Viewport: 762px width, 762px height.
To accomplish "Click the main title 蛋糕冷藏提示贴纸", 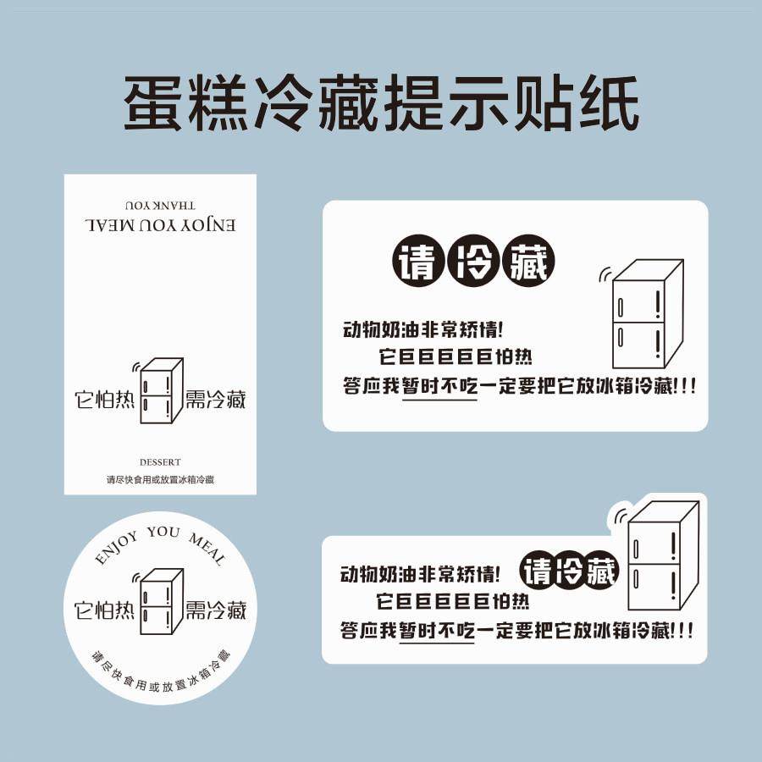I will [381, 103].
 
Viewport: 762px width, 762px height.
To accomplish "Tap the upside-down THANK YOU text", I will [160, 205].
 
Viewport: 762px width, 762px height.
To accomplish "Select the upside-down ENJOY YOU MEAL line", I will [160, 226].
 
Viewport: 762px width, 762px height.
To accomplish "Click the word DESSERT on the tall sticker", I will [160, 462].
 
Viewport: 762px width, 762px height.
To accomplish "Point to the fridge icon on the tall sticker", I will [160, 391].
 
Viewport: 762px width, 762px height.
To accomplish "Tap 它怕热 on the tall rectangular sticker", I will [105, 399].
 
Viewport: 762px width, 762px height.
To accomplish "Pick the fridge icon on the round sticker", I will [160, 602].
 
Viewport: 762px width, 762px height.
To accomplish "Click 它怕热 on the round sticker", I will [105, 609].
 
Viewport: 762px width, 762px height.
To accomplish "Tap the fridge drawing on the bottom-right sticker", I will [660, 555].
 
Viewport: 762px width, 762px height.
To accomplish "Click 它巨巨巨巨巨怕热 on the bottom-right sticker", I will [453, 603].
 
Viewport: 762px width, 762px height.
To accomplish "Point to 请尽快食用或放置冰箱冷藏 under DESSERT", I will [160, 480].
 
